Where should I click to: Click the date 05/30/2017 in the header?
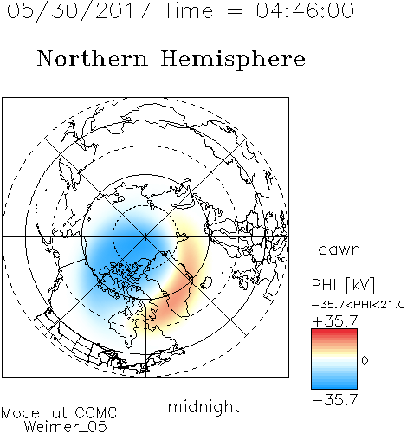coord(79,11)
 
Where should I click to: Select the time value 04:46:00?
coord(305,10)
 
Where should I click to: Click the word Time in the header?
coord(188,10)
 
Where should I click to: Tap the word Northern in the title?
coord(93,58)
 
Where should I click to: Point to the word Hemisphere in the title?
coord(233,60)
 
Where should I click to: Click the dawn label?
coord(339,249)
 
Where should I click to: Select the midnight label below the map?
coord(203,407)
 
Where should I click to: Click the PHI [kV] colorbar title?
coord(343,285)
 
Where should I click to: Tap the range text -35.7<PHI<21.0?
coord(359,305)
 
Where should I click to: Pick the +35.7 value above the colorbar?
coord(335,321)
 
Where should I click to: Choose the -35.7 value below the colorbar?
coord(335,400)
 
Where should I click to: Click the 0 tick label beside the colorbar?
coord(365,360)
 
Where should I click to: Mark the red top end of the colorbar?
coord(334,331)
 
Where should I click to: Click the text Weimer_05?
coord(66,427)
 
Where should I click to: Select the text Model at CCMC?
coord(61,413)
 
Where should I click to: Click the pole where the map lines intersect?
coord(145,237)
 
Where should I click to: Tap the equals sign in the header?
coord(234,11)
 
